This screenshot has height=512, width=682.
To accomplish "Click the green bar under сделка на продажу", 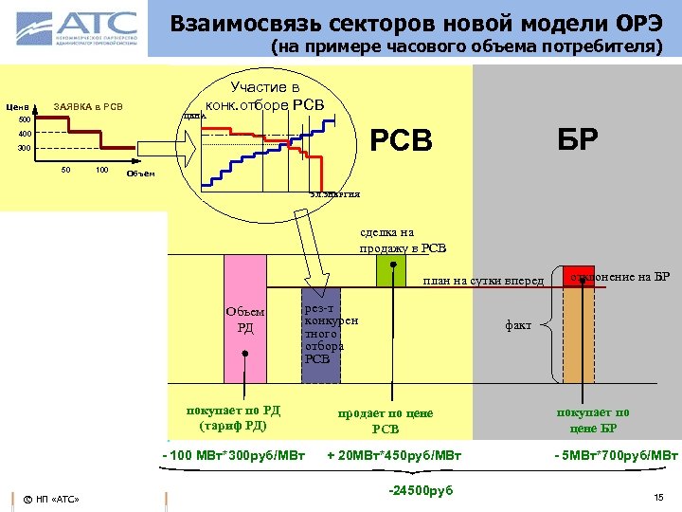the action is [x=390, y=271].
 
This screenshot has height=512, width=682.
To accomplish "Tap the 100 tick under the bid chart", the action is [x=101, y=170].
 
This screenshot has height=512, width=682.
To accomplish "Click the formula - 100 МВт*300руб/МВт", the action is [x=233, y=456].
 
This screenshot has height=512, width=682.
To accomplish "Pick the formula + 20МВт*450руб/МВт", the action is [x=393, y=456].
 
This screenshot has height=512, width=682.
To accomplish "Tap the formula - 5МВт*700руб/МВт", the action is [x=616, y=456].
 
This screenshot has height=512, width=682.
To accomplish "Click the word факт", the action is [x=518, y=325].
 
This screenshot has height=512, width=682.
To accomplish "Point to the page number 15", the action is [x=658, y=497].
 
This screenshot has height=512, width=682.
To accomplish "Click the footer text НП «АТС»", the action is [x=56, y=499].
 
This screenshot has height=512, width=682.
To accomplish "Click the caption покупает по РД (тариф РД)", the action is [x=233, y=418].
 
